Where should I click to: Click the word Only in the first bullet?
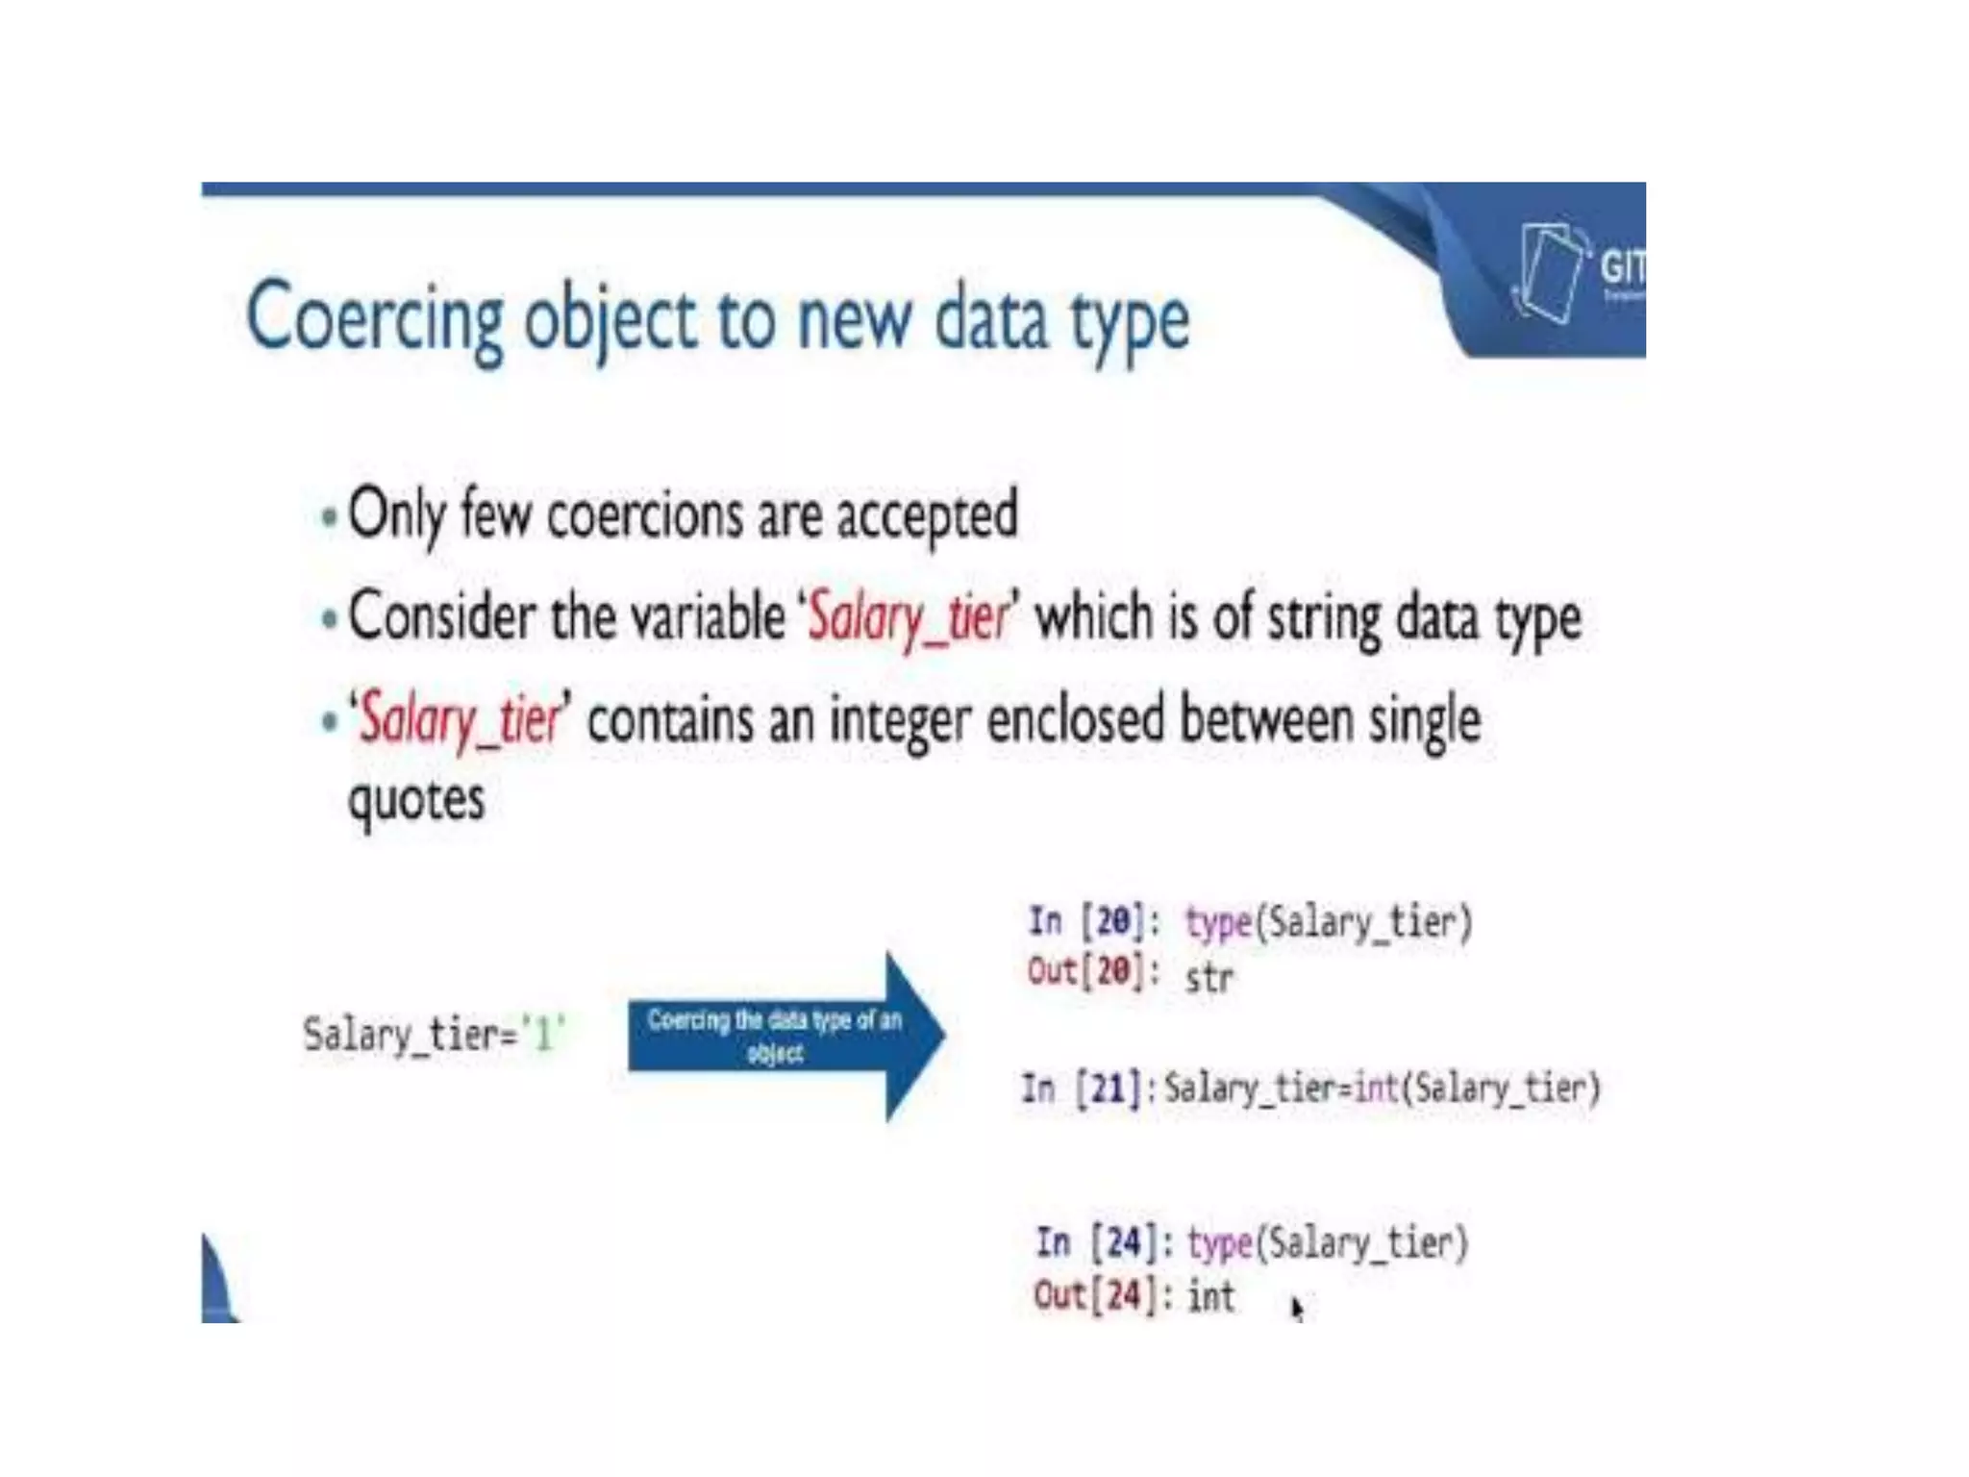click(x=396, y=515)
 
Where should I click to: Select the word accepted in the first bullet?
click(x=927, y=515)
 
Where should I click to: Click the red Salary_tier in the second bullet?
click(x=908, y=617)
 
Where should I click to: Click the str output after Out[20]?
click(x=1209, y=978)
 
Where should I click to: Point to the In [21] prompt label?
click(x=1082, y=1089)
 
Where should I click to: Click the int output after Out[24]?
click(x=1210, y=1296)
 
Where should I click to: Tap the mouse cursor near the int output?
click(x=1297, y=1308)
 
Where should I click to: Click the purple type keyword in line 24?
click(x=1220, y=1243)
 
